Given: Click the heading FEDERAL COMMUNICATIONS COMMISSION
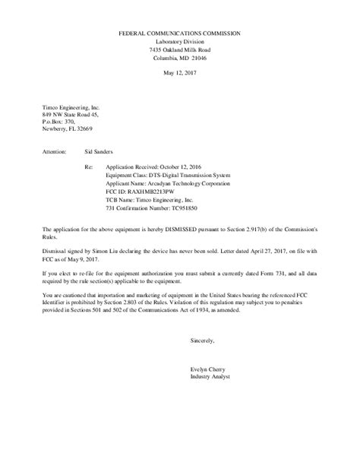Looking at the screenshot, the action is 180,34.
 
